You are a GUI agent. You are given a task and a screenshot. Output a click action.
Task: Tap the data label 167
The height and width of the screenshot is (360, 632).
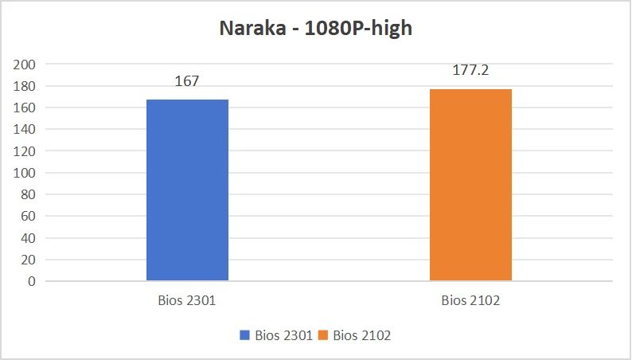click(187, 81)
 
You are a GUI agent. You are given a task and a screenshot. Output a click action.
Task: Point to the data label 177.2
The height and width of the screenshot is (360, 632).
click(470, 70)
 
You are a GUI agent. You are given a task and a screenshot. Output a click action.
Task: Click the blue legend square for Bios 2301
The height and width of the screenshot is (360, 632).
click(245, 336)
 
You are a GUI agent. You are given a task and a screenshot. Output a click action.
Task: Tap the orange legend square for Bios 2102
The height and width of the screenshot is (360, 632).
click(323, 336)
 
